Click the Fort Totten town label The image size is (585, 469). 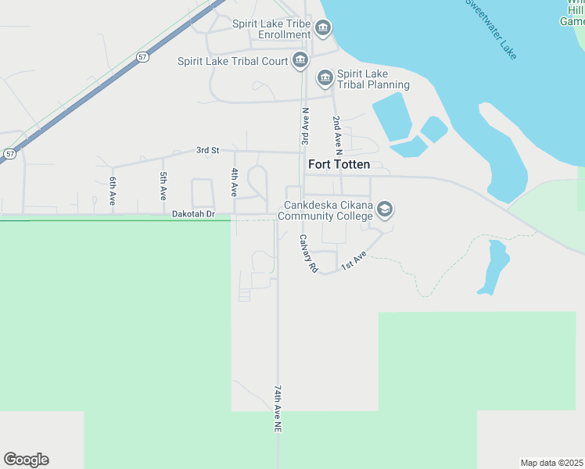[339, 165]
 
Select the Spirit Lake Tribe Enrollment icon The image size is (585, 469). [322, 30]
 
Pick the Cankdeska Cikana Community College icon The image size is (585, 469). [384, 209]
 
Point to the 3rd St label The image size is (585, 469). [207, 150]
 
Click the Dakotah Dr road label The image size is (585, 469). [193, 213]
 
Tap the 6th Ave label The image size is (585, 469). [113, 190]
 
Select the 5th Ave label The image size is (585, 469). [163, 185]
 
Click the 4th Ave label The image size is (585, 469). [234, 182]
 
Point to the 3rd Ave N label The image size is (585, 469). [305, 127]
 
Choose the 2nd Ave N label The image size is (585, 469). [337, 134]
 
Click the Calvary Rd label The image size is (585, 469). [307, 254]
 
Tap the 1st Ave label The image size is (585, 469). [353, 261]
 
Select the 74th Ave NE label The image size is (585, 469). [277, 409]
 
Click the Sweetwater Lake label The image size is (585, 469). [492, 29]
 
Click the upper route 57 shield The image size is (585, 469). [142, 57]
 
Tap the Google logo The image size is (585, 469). [26, 460]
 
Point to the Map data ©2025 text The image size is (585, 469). [552, 462]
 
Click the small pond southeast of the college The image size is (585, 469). [492, 268]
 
